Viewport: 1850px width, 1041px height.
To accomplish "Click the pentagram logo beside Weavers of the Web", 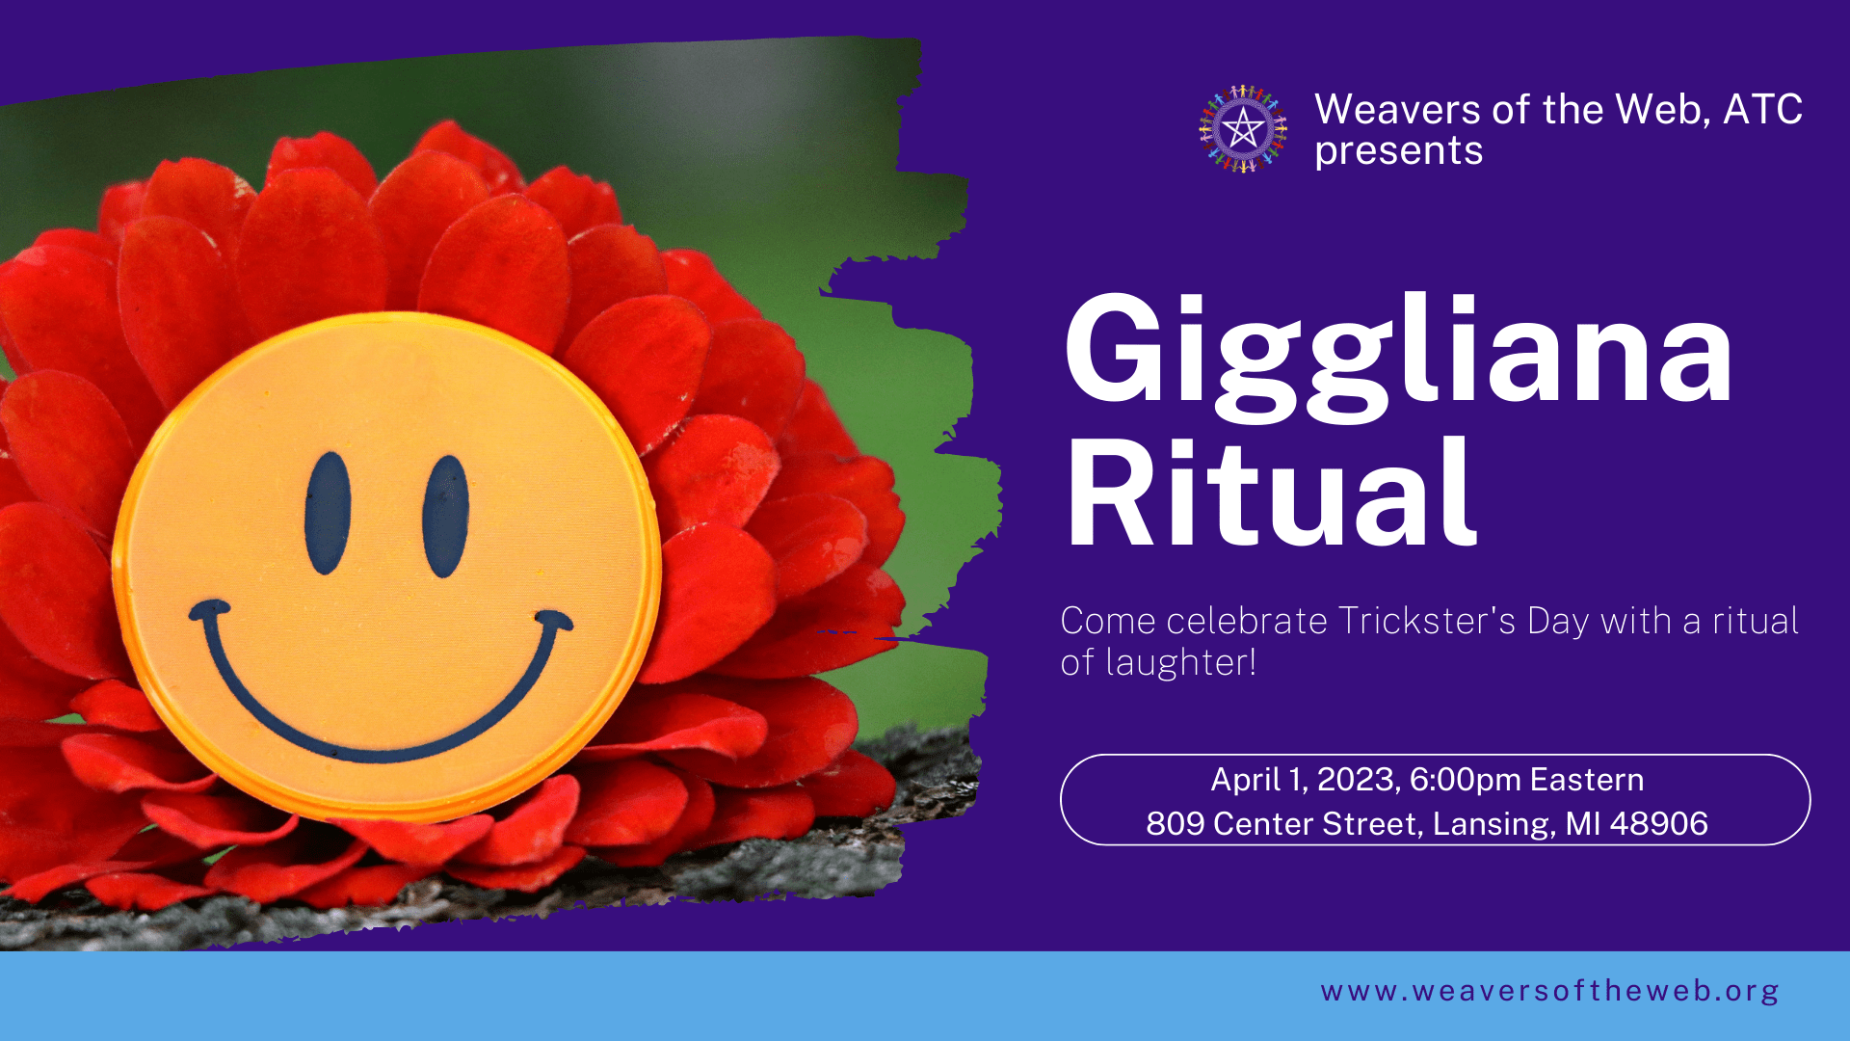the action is click(x=1243, y=128).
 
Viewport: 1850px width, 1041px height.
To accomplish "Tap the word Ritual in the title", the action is click(x=1271, y=492).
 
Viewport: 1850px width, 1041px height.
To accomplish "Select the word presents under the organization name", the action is click(x=1398, y=151).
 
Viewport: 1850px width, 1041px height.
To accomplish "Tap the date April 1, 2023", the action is click(x=1306, y=780).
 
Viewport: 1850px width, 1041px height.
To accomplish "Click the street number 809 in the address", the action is click(x=1175, y=824).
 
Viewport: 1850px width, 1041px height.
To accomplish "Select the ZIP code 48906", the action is click(x=1658, y=824).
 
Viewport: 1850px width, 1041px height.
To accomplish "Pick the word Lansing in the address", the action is click(x=1494, y=825).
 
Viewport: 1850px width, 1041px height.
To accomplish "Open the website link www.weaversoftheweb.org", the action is click(x=1549, y=991).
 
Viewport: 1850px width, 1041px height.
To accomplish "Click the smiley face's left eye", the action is click(x=328, y=513).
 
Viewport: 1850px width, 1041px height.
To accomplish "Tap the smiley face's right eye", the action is click(x=446, y=517).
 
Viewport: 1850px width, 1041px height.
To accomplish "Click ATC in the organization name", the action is click(x=1762, y=109).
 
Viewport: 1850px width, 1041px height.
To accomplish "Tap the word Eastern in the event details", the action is click(x=1586, y=780).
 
